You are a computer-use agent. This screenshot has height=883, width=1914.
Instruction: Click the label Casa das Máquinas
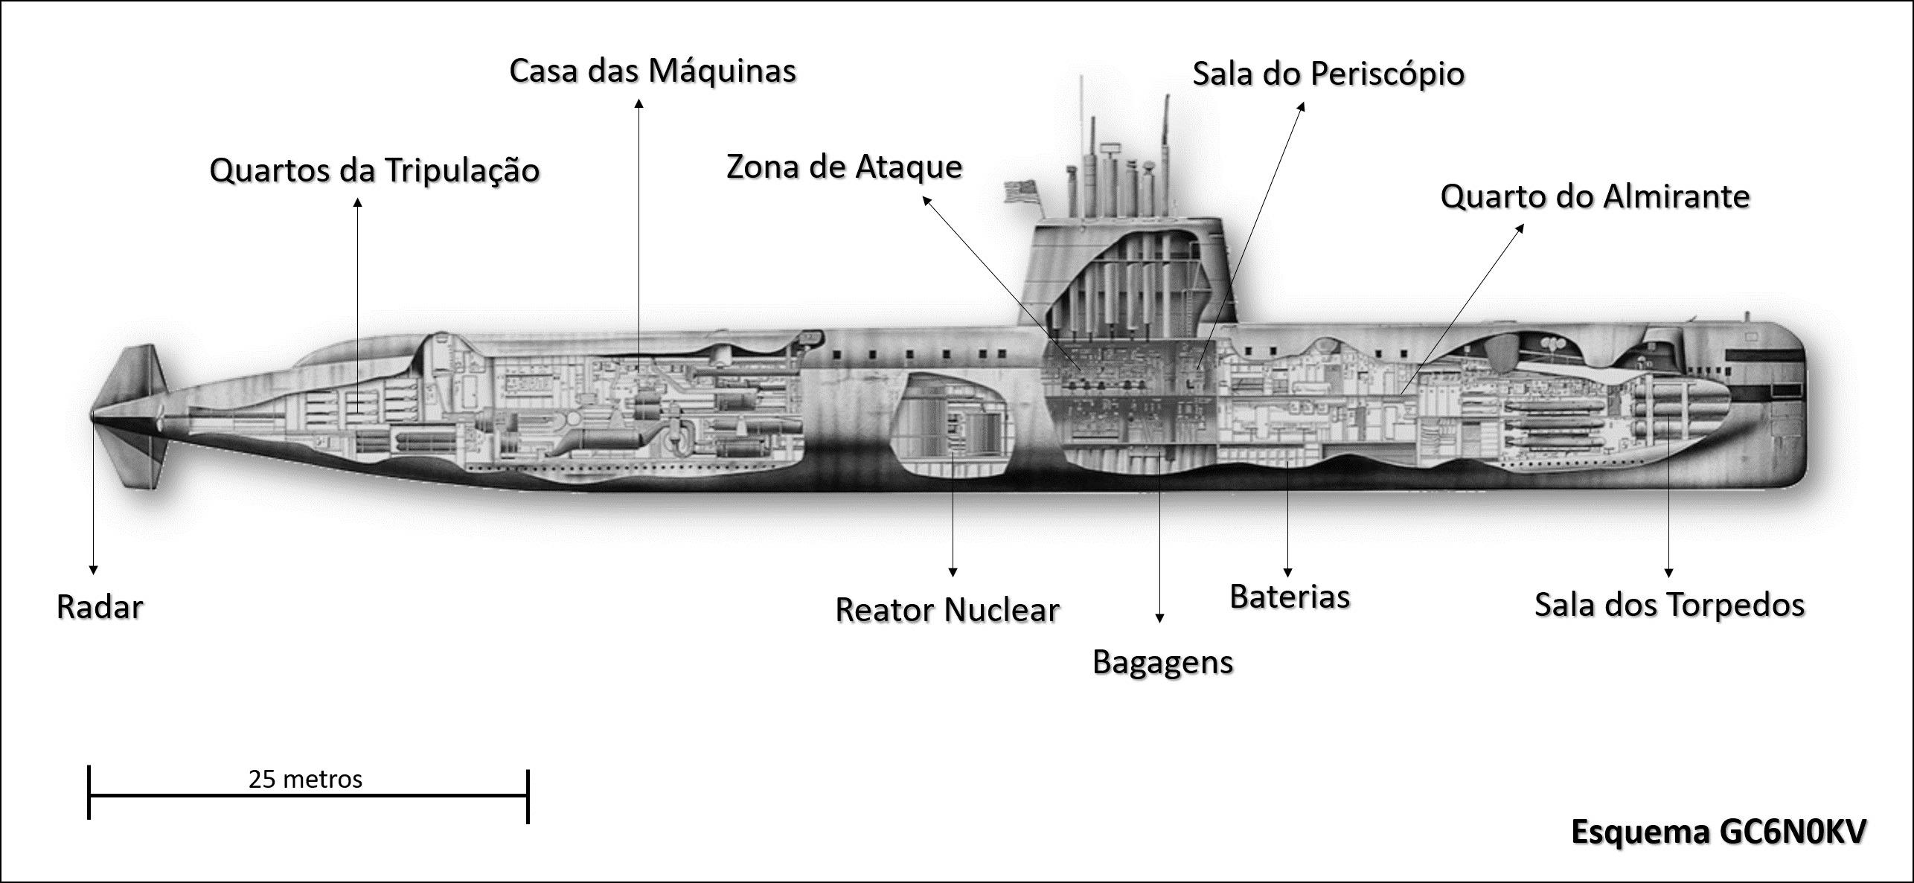(x=652, y=71)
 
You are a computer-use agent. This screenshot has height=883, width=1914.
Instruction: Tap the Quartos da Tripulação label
(x=374, y=170)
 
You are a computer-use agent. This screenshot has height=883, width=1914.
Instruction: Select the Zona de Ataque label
(x=844, y=167)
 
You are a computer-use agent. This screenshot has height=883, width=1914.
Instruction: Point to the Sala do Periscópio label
(x=1328, y=74)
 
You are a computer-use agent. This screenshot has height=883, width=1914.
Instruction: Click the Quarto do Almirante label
(x=1595, y=197)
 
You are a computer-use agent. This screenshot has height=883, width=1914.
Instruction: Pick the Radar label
(x=100, y=608)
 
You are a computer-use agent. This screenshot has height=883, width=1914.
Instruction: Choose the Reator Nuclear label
(x=947, y=611)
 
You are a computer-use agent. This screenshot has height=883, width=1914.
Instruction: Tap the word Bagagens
(x=1162, y=662)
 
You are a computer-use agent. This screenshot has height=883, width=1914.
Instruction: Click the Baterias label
(x=1290, y=597)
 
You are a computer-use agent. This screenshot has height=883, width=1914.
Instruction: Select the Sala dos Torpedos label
(x=1669, y=605)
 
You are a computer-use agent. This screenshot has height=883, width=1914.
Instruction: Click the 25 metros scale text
(x=305, y=779)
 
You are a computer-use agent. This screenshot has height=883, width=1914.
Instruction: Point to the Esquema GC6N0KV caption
(x=1718, y=832)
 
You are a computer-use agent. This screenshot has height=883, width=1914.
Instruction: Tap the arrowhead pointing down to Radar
(x=94, y=570)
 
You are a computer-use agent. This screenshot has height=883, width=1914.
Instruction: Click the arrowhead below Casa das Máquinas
(x=638, y=103)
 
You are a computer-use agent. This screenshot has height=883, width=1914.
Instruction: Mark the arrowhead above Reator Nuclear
(x=953, y=572)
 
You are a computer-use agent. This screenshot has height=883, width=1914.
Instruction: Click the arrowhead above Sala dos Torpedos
(x=1668, y=573)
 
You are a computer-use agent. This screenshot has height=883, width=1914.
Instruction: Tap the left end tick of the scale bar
(x=89, y=792)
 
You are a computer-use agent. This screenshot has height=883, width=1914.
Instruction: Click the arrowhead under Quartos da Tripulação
(x=358, y=202)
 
